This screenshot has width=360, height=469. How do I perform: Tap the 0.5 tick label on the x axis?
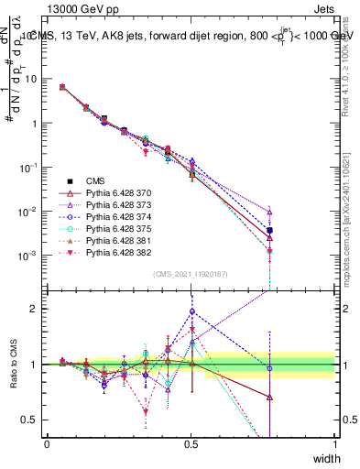[191, 444]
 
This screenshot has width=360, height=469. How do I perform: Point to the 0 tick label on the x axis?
[47, 444]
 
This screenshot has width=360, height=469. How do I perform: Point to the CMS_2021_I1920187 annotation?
[191, 274]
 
